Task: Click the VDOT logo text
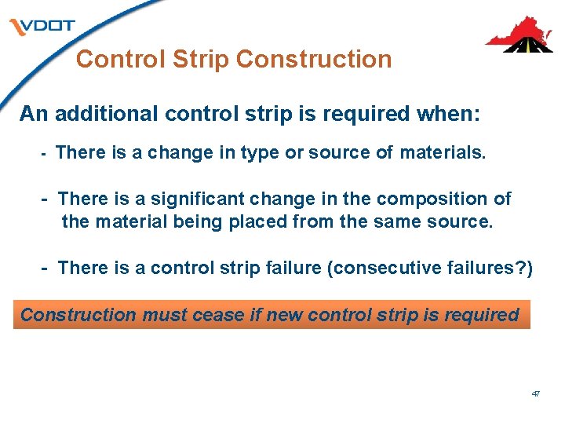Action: coord(46,26)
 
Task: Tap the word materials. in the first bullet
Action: coord(443,152)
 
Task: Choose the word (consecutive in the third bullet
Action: coord(381,269)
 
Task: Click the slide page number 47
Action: coord(535,393)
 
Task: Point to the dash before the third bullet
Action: coord(46,269)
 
